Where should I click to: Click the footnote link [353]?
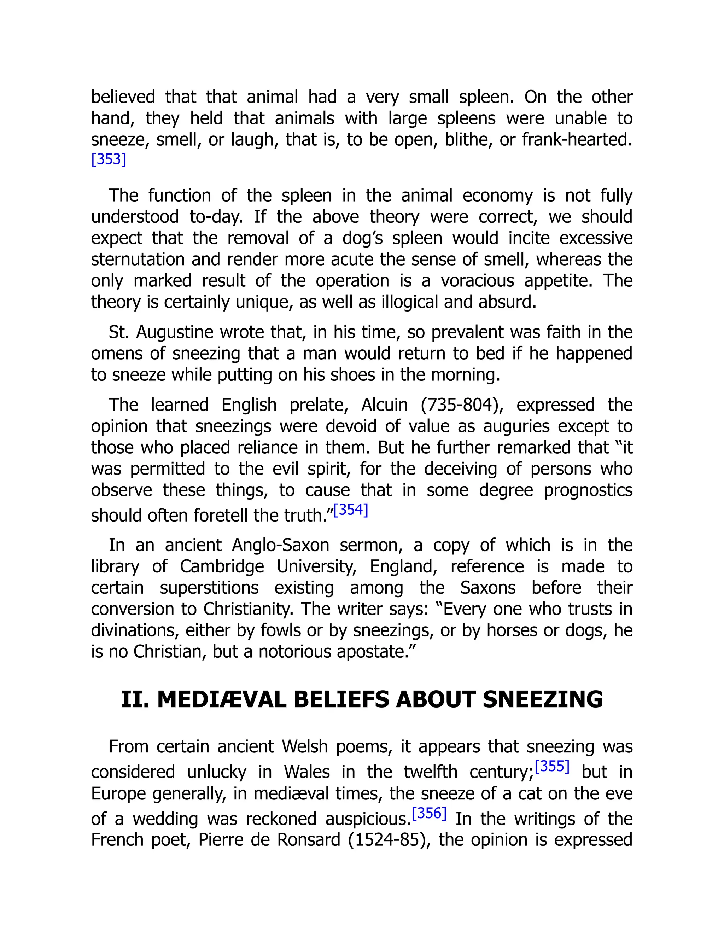(x=109, y=159)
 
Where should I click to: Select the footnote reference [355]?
(x=552, y=766)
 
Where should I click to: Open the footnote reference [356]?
(x=429, y=813)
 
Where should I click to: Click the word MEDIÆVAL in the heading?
(x=221, y=699)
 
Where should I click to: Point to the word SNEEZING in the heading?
(x=542, y=699)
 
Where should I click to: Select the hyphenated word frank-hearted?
(x=577, y=139)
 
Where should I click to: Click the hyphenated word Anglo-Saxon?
(x=280, y=545)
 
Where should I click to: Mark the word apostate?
(x=376, y=651)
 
